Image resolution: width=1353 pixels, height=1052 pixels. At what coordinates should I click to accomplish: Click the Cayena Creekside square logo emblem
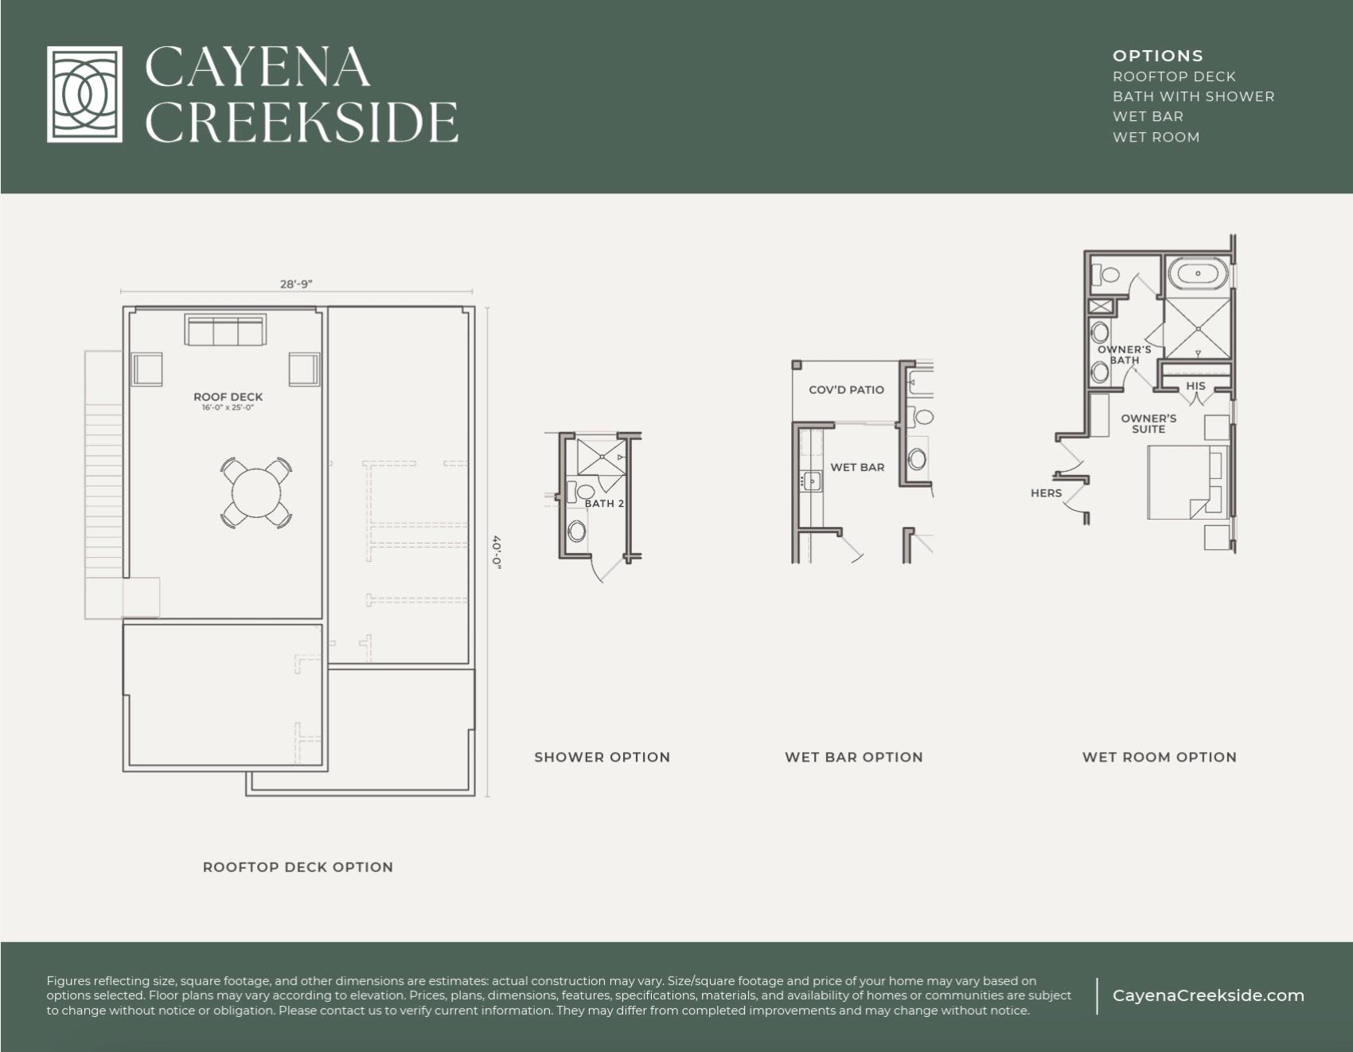click(84, 94)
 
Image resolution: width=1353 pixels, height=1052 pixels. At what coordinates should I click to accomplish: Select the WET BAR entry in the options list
click(1148, 116)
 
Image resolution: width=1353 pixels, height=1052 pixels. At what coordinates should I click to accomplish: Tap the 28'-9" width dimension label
click(296, 284)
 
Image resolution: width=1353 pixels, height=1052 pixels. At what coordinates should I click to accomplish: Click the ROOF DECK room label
click(228, 397)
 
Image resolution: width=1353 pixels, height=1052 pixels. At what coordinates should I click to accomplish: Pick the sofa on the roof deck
click(225, 329)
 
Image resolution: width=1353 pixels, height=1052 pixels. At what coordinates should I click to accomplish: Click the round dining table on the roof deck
click(255, 493)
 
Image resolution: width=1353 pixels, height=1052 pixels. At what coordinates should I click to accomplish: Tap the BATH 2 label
click(604, 504)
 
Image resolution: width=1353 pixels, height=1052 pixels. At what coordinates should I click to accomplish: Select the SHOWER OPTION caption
click(602, 757)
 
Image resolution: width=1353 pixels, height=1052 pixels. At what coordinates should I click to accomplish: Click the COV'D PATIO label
click(846, 390)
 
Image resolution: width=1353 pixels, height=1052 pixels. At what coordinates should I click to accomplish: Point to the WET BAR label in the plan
click(857, 467)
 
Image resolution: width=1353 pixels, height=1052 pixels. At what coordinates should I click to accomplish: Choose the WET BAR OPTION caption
click(853, 757)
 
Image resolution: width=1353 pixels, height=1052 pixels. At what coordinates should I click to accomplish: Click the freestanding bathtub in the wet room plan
click(1198, 275)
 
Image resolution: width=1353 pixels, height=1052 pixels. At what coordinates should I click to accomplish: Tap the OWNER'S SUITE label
click(1148, 423)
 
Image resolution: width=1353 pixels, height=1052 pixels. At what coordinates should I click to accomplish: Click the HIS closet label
click(1195, 386)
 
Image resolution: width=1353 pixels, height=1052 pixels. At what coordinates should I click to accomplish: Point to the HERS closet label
click(1046, 493)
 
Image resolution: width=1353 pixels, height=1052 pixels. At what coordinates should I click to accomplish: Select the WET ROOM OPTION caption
click(1159, 757)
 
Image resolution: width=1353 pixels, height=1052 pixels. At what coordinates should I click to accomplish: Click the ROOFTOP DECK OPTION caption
click(298, 867)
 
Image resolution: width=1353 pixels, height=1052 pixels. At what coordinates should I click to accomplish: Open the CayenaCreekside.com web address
click(1207, 996)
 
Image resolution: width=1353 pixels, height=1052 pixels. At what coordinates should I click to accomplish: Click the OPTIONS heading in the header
click(1157, 56)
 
